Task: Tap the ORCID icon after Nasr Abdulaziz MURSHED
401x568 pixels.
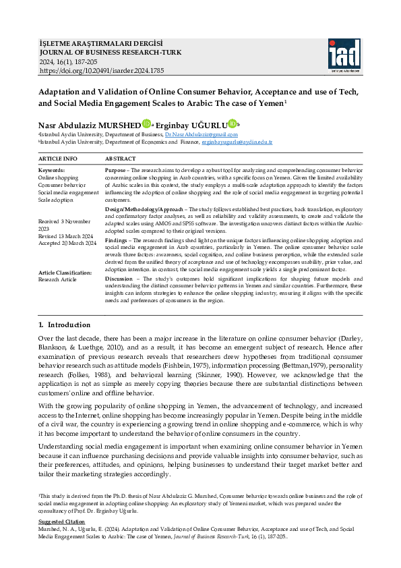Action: [146, 124]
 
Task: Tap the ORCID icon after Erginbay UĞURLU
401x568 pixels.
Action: [233, 124]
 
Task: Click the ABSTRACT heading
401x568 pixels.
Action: [121, 158]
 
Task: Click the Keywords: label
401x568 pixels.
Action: [52, 170]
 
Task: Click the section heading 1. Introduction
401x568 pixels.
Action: [69, 325]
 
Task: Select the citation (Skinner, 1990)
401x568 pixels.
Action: [228, 365]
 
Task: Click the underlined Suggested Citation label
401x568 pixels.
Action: [61, 522]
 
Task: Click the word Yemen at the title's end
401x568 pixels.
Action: [268, 103]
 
